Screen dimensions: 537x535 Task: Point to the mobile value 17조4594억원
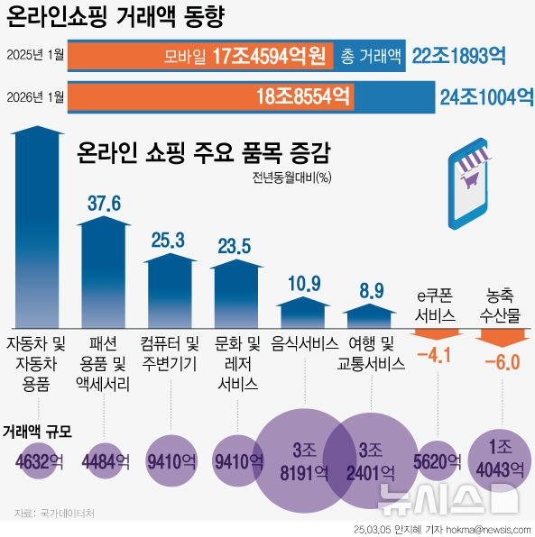[x=269, y=57]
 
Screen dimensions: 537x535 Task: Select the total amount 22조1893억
[x=458, y=56]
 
